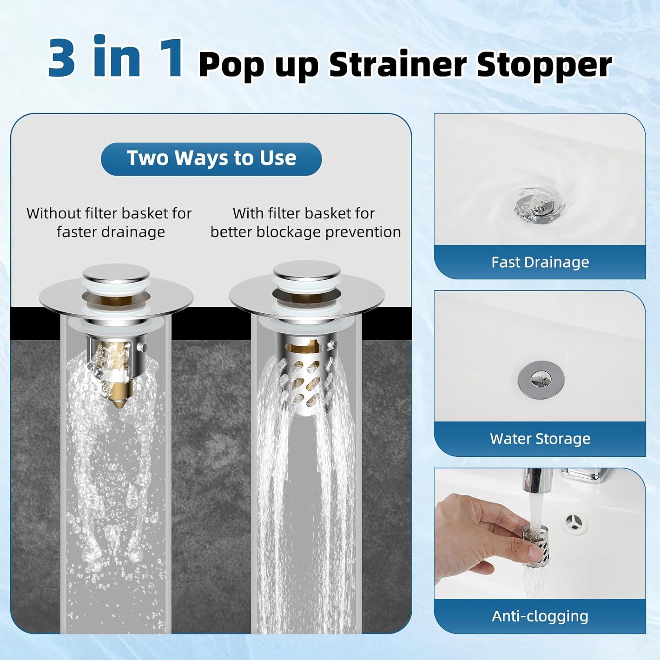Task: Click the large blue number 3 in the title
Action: (x=62, y=57)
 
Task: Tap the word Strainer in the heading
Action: (x=397, y=65)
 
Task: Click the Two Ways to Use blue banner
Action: (x=211, y=158)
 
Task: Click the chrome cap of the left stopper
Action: (x=115, y=274)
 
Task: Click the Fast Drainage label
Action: (x=540, y=262)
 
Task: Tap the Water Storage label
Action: (x=540, y=439)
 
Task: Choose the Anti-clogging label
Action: (x=540, y=616)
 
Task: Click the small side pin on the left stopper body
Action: (x=142, y=348)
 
